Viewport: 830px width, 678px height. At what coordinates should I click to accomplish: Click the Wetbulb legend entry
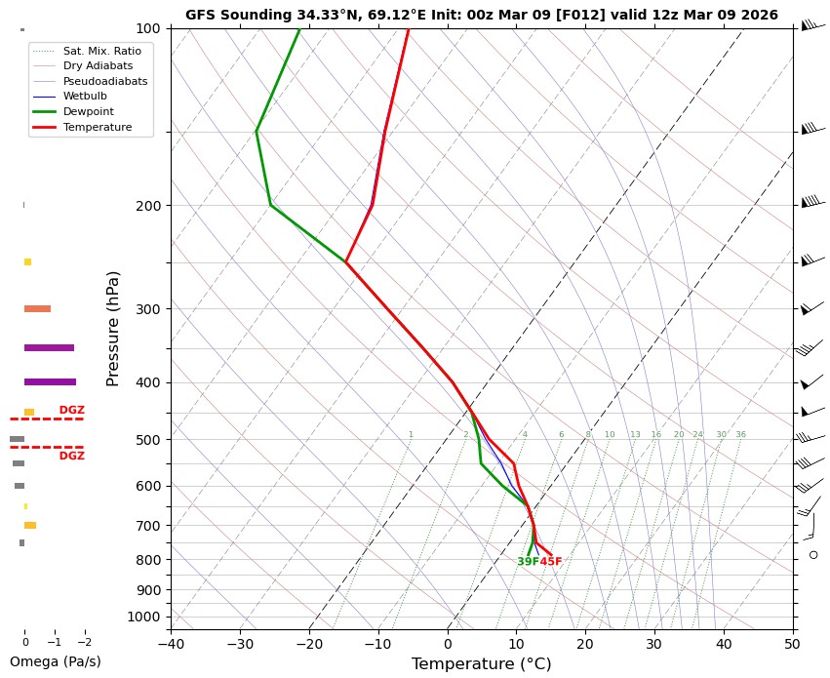pos(84,97)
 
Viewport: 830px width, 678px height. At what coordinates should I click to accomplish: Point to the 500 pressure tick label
pos(148,440)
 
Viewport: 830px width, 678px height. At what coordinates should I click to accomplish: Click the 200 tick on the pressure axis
pos(148,206)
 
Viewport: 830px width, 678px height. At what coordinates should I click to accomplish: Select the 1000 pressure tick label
pos(144,617)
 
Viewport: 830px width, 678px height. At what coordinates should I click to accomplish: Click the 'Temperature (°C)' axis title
pos(481,664)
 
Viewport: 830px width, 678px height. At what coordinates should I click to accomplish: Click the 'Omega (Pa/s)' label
pos(55,661)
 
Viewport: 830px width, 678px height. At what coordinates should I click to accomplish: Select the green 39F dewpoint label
pos(528,562)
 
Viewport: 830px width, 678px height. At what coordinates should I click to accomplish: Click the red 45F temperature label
pos(551,562)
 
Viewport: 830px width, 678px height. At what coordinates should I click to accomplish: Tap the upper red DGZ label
pos(71,410)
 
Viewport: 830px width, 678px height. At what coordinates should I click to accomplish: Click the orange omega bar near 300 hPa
pos(37,308)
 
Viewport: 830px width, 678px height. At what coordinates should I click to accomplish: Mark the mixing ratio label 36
pos(740,434)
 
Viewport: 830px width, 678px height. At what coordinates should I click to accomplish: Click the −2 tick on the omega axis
pos(84,642)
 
